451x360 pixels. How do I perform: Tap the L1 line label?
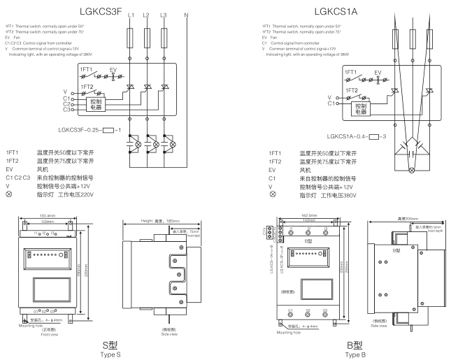131,15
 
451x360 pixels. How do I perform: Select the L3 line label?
164,15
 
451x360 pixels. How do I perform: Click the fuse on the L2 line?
148,36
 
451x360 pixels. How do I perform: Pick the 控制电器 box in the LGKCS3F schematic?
96,104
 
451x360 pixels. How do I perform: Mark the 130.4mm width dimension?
47,215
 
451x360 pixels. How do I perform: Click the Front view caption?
48,336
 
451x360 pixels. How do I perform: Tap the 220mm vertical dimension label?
86,274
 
